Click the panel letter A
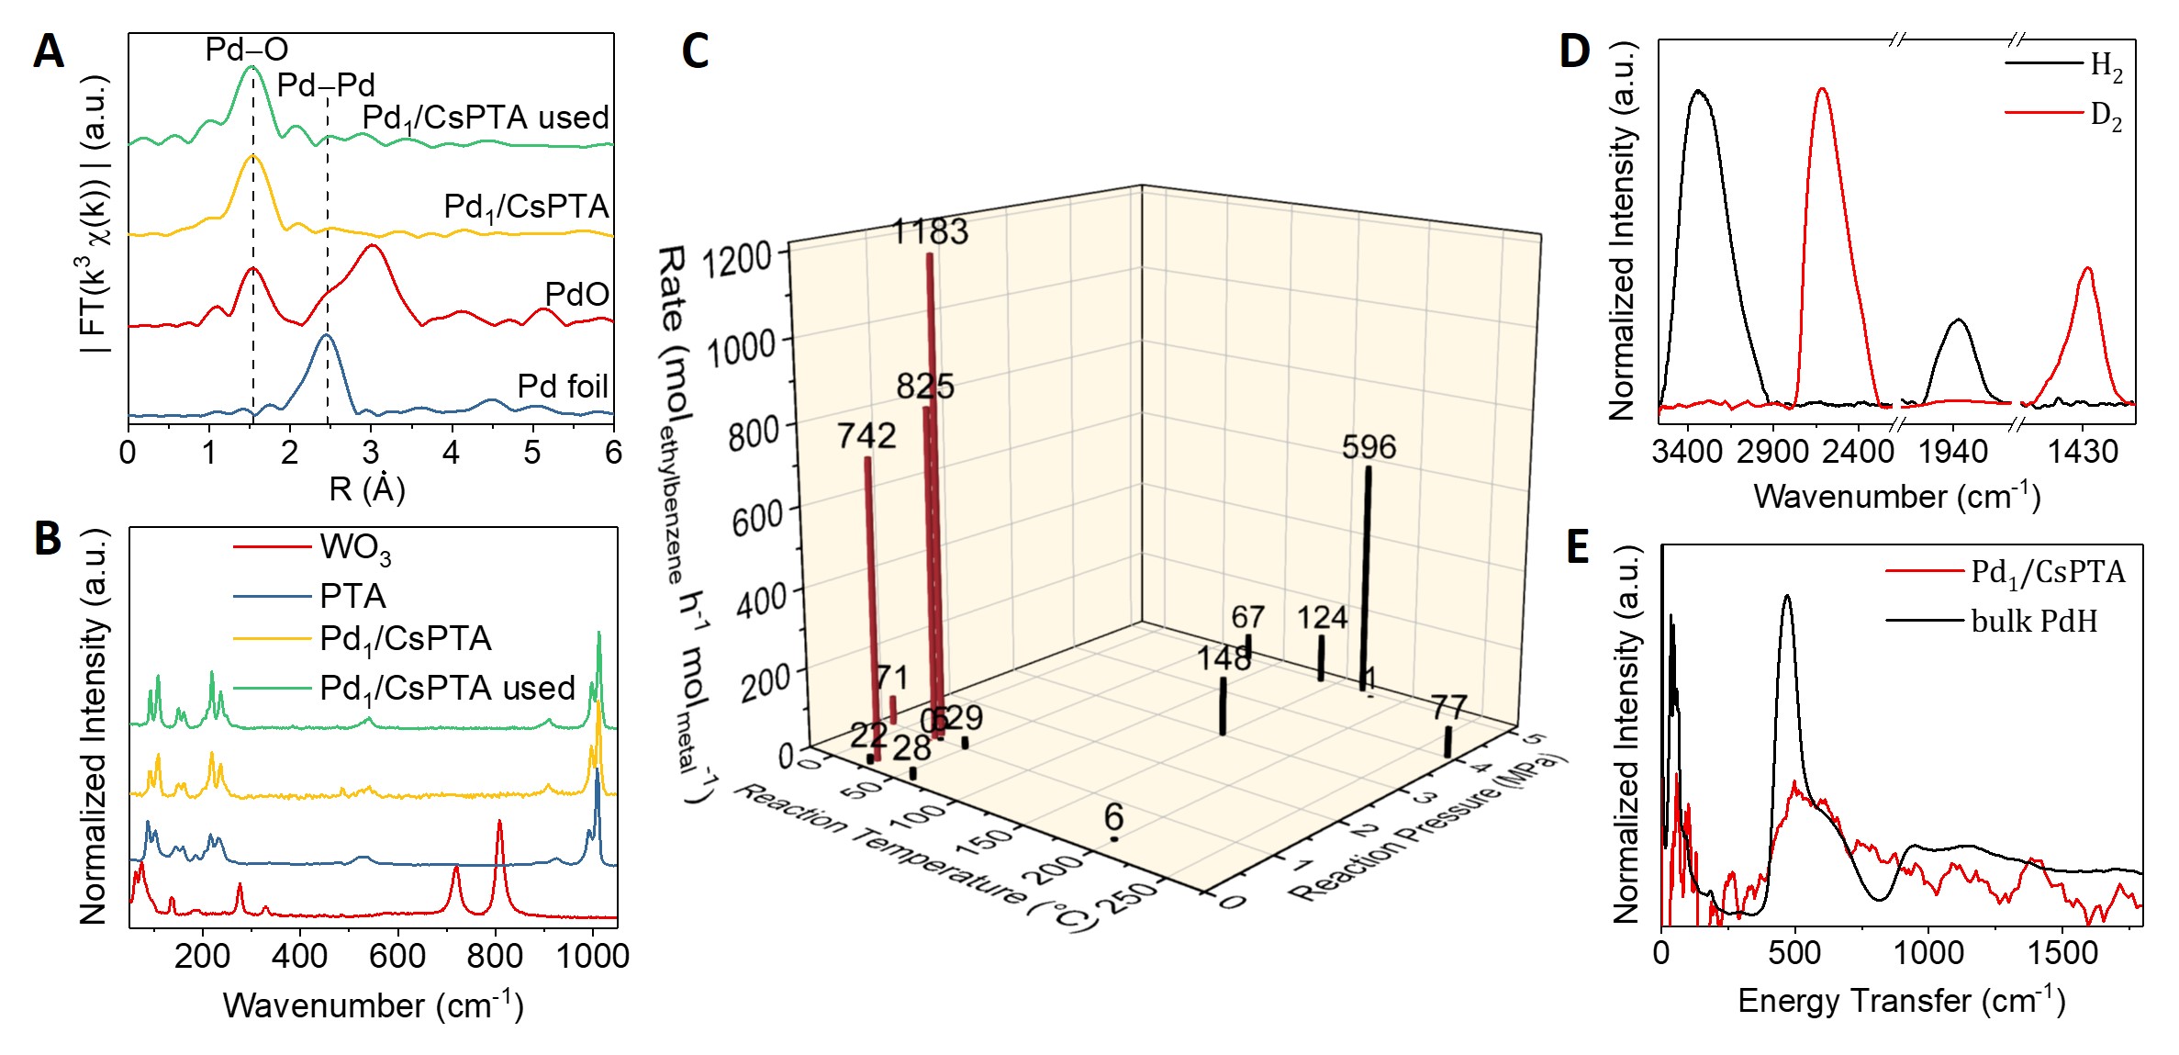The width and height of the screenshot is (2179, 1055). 49,51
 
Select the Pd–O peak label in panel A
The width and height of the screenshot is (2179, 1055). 246,50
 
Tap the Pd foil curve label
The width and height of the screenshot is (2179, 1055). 563,387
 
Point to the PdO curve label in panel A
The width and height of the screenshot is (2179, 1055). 576,295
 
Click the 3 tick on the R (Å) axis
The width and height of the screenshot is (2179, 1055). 371,453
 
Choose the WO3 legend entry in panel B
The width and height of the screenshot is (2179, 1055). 355,548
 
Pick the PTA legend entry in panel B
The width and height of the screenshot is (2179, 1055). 352,597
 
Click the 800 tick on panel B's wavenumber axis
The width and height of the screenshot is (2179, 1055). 495,956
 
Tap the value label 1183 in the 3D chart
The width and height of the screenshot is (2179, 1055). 931,231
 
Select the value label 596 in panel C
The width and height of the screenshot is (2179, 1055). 1369,447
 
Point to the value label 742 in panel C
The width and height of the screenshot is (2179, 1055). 866,435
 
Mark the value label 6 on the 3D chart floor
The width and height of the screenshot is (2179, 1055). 1113,816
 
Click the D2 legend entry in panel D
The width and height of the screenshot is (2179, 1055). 2106,115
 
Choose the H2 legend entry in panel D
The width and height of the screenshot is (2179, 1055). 2106,65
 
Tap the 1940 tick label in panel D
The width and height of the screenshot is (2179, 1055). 1953,452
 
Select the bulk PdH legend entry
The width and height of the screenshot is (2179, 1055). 2034,622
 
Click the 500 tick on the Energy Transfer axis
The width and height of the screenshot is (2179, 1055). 1794,952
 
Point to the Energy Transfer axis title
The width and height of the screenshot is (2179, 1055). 1901,1000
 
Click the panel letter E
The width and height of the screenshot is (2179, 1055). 1577,548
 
